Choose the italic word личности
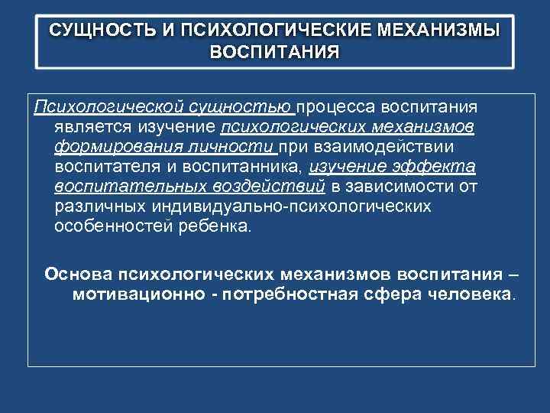pyautogui.click(x=238, y=146)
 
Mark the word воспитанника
pyautogui.click(x=245, y=167)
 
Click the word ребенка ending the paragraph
pyautogui.click(x=220, y=227)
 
